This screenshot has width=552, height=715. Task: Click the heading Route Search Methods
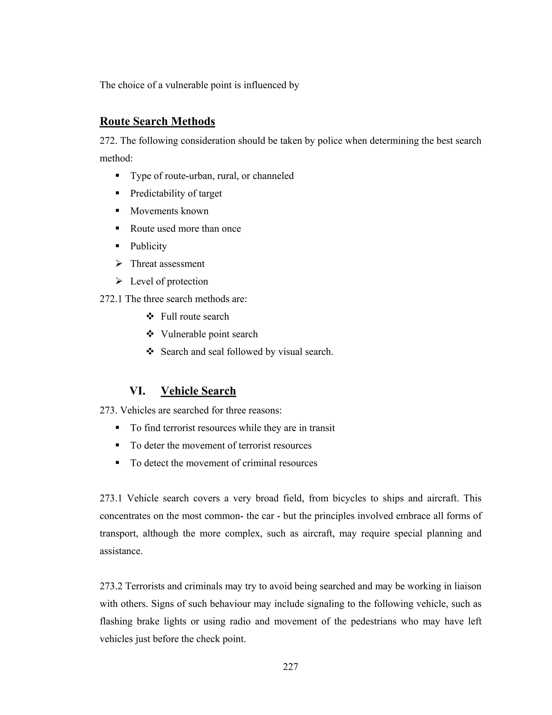point(157,121)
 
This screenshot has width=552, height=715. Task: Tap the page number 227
point(290,667)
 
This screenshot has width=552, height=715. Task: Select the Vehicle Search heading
point(198,391)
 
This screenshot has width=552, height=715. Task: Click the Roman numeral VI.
point(137,391)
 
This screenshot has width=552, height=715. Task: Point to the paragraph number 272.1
point(111,299)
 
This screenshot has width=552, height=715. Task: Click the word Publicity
point(149,246)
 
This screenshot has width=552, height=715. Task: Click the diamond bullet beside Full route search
point(150,316)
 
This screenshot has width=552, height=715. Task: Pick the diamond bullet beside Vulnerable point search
point(150,334)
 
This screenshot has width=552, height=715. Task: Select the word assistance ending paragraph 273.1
point(121,551)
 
